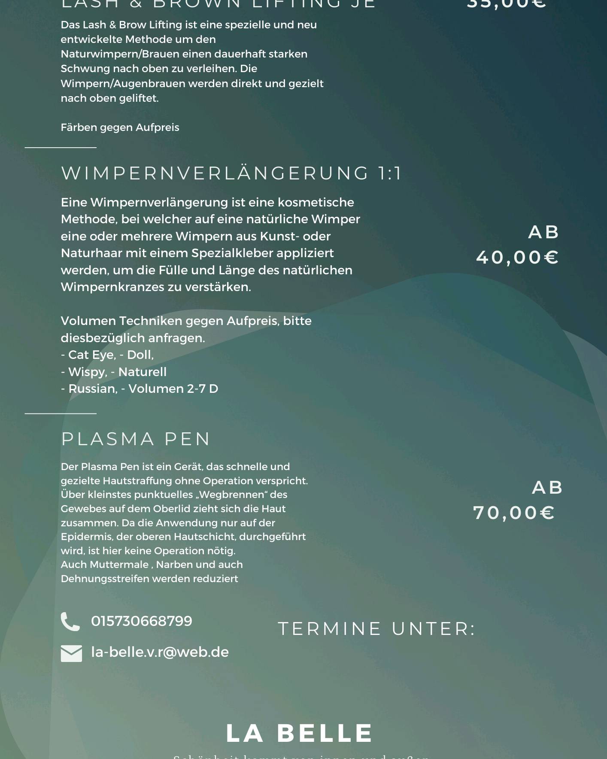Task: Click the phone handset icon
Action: (x=70, y=621)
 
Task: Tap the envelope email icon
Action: (x=71, y=653)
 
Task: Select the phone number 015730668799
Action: (x=142, y=621)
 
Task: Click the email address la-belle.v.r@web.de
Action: (x=160, y=652)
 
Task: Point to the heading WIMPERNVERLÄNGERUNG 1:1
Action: (x=231, y=173)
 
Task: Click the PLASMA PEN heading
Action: (x=136, y=439)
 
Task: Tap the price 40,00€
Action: (x=517, y=258)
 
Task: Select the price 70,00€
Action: (x=514, y=513)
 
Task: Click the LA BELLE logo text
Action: (x=299, y=733)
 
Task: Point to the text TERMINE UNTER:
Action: (x=377, y=629)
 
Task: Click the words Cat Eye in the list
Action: (x=92, y=355)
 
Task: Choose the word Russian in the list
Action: (x=93, y=389)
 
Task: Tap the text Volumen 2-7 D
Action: (x=173, y=389)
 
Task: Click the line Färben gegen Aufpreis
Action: (x=120, y=128)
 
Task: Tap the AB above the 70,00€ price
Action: (x=547, y=488)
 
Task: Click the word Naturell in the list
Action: (x=142, y=372)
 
